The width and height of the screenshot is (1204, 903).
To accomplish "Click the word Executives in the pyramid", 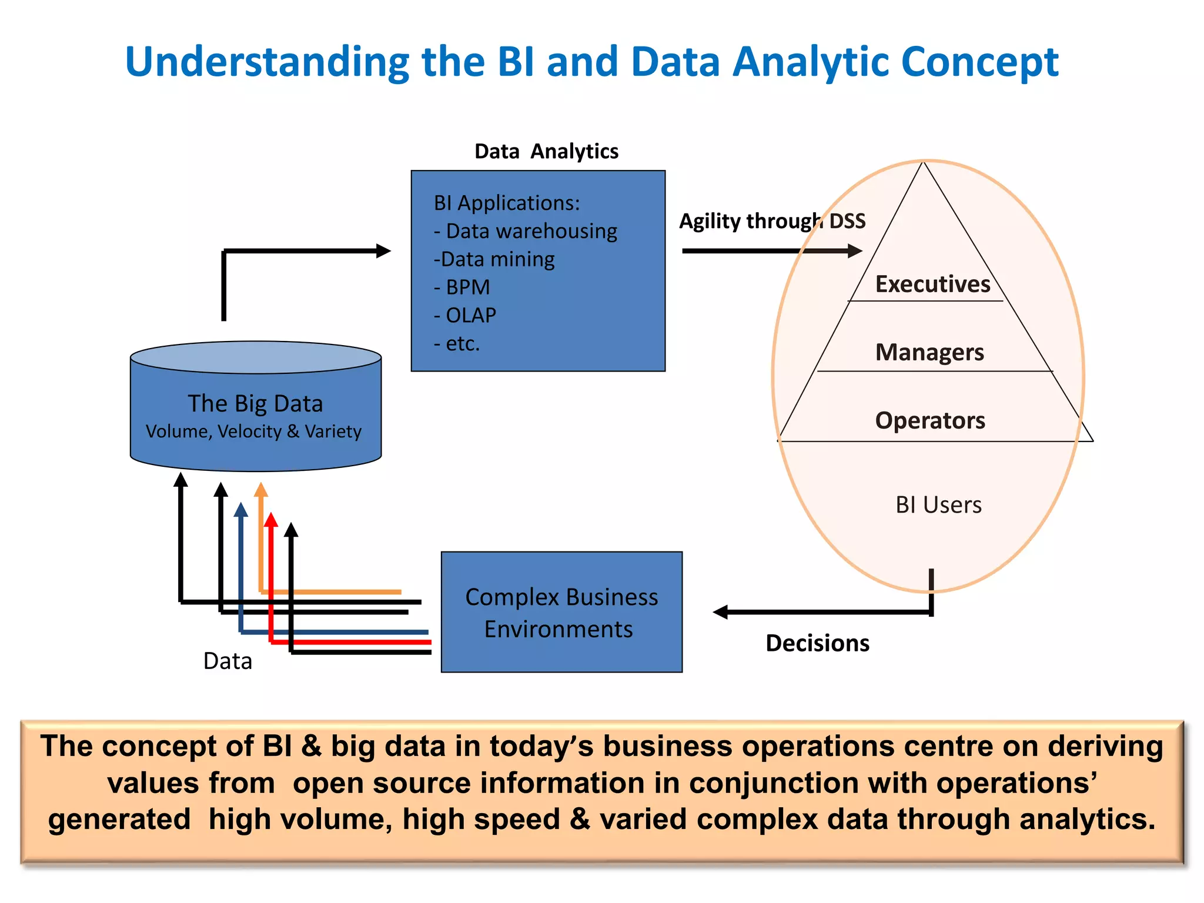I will pyautogui.click(x=932, y=284).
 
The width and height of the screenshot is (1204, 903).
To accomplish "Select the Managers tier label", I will pyautogui.click(x=929, y=352).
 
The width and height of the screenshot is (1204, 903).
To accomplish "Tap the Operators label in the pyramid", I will pyautogui.click(x=930, y=420).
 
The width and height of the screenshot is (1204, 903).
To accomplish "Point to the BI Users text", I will pyautogui.click(x=938, y=505).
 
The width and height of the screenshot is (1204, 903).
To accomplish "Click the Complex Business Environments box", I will pyautogui.click(x=561, y=612).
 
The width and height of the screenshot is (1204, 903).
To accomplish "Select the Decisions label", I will pyautogui.click(x=817, y=643).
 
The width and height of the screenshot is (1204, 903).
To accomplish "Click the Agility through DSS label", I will pyautogui.click(x=772, y=221).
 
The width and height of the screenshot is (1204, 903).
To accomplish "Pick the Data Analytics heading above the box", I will pyautogui.click(x=546, y=151).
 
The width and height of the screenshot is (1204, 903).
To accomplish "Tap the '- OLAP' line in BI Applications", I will pyautogui.click(x=465, y=315).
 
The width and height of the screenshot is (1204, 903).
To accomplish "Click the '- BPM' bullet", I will pyautogui.click(x=462, y=287).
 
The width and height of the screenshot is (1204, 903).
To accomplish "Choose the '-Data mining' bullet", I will pyautogui.click(x=494, y=259).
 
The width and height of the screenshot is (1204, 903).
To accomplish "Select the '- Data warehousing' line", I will pyautogui.click(x=526, y=231).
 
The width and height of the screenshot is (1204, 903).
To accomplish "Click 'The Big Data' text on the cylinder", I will pyautogui.click(x=255, y=403).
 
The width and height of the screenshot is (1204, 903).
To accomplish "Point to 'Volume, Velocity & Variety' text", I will pyautogui.click(x=253, y=432).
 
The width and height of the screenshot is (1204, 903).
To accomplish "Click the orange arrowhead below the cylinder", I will pyautogui.click(x=261, y=490).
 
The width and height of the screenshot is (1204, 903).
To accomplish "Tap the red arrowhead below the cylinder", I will pyautogui.click(x=270, y=520).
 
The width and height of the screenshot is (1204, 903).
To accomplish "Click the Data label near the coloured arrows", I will pyautogui.click(x=228, y=661).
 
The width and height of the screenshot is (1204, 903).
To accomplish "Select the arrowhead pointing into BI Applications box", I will pyautogui.click(x=383, y=251).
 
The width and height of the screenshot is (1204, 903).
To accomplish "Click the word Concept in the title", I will pyautogui.click(x=979, y=62).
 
